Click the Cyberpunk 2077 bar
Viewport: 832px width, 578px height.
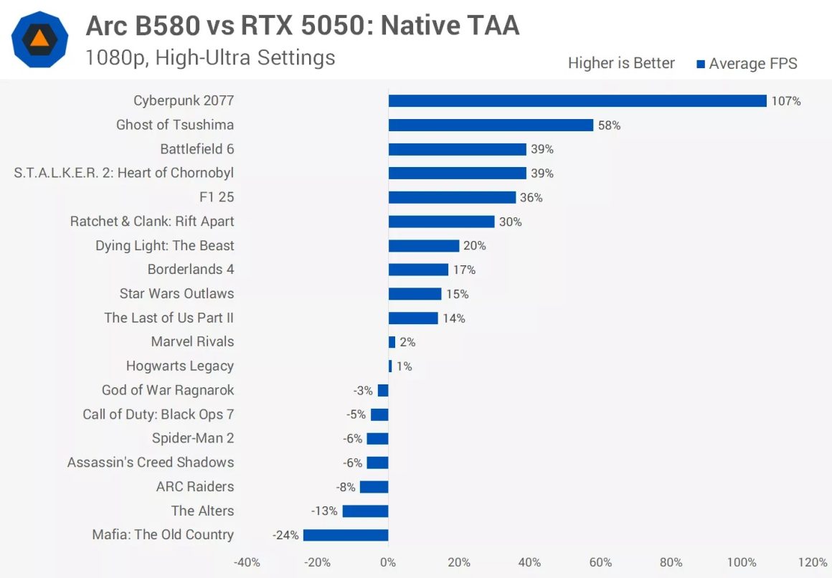pos(577,101)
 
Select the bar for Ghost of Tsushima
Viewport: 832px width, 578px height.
pos(491,125)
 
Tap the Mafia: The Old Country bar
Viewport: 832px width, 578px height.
pos(346,535)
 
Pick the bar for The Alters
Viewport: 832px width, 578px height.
pos(365,511)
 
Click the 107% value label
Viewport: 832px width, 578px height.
pos(786,101)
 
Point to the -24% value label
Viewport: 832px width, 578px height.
pos(285,535)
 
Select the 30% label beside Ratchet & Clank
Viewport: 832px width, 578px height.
pos(510,222)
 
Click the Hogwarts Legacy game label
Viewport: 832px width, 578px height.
pos(180,366)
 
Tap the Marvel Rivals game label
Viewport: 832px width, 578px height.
pos(192,342)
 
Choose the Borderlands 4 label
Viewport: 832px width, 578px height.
pos(191,270)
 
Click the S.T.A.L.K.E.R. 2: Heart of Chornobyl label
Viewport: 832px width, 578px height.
pos(124,173)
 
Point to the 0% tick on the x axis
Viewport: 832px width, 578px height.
pos(388,562)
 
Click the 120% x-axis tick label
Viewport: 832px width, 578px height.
pos(812,562)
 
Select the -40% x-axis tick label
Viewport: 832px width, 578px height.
pos(247,562)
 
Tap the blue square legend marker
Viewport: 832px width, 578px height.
pos(701,64)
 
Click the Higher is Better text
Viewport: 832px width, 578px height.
pos(621,63)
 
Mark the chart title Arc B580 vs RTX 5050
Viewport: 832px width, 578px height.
pos(302,26)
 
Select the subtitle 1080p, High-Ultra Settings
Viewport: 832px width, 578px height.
pos(210,57)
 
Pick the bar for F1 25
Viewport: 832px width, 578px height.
pos(452,197)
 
